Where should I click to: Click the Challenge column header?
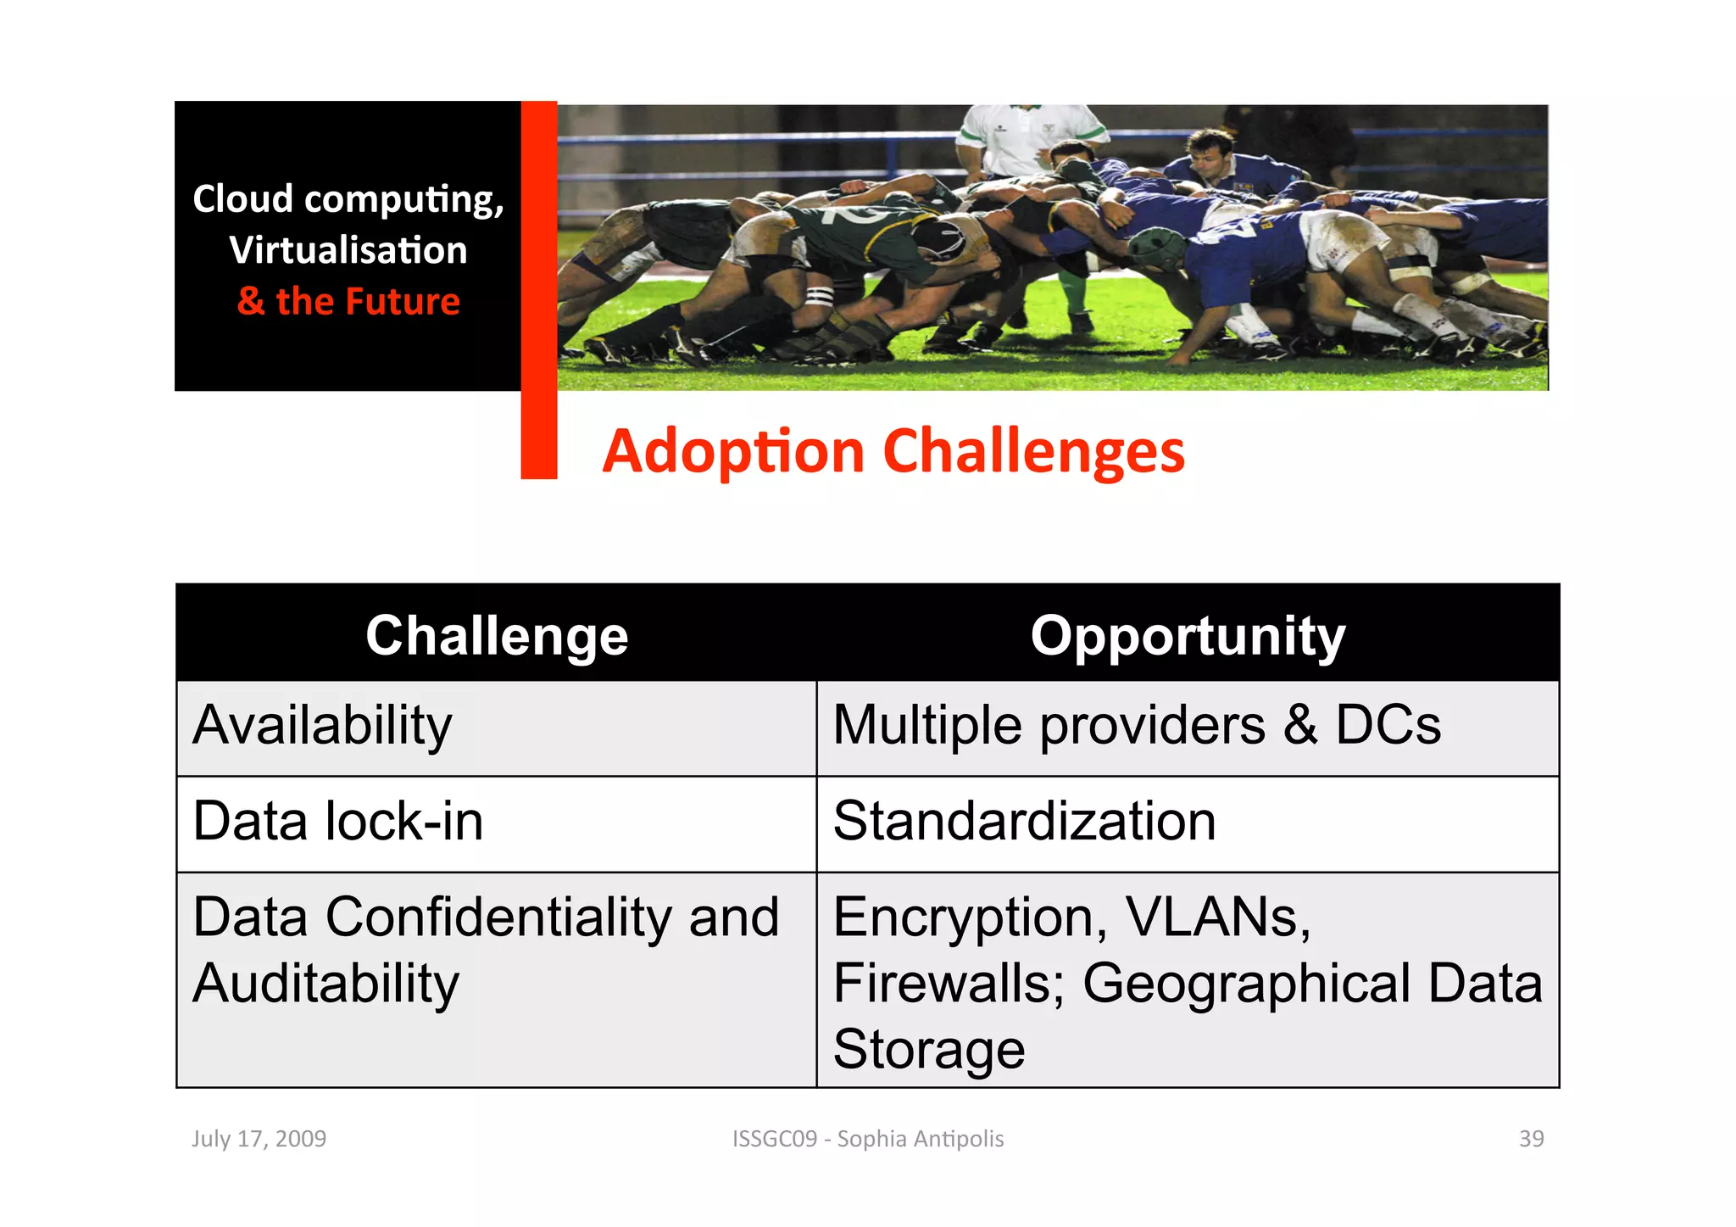pyautogui.click(x=497, y=636)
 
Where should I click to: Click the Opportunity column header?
pyautogui.click(x=1187, y=636)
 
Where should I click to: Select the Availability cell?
pyautogui.click(x=322, y=726)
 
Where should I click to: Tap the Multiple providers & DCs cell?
pyautogui.click(x=1136, y=726)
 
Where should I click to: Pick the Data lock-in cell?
pyautogui.click(x=337, y=822)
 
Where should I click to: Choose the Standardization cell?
pyautogui.click(x=1024, y=822)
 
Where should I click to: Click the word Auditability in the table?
pyautogui.click(x=325, y=984)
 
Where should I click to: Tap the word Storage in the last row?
pyautogui.click(x=929, y=1050)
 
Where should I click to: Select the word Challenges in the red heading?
pyautogui.click(x=1034, y=451)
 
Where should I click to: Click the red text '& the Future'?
pyautogui.click(x=348, y=302)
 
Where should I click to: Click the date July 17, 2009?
pyautogui.click(x=259, y=1139)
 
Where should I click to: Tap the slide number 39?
pyautogui.click(x=1531, y=1139)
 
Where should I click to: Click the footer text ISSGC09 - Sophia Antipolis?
pyautogui.click(x=868, y=1139)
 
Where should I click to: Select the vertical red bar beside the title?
pyautogui.click(x=538, y=288)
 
